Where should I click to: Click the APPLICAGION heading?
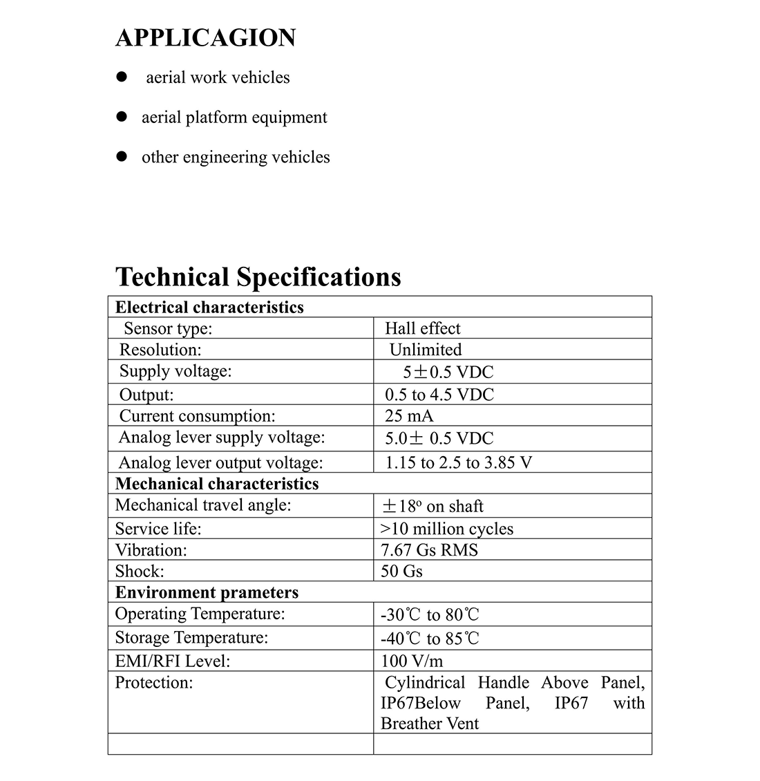tap(206, 38)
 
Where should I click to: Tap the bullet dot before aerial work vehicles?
tap(122, 77)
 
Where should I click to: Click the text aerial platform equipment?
tap(234, 117)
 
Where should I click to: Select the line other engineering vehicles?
tap(236, 158)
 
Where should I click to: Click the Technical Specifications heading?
tap(258, 276)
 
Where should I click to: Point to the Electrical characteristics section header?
tap(209, 308)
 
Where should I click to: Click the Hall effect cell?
tap(422, 328)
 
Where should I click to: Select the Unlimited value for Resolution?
tap(425, 350)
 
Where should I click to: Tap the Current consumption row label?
tap(197, 416)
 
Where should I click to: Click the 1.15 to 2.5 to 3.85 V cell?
tap(458, 462)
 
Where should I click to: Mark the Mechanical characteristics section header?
tap(217, 484)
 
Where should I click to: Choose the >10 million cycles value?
tap(447, 529)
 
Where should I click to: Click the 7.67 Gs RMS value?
tap(429, 550)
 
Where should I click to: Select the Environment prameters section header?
tap(207, 593)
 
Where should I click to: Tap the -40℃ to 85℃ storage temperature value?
tap(429, 639)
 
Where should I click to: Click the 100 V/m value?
tap(412, 661)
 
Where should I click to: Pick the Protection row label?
tap(153, 683)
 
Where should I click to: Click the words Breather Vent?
tap(429, 724)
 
